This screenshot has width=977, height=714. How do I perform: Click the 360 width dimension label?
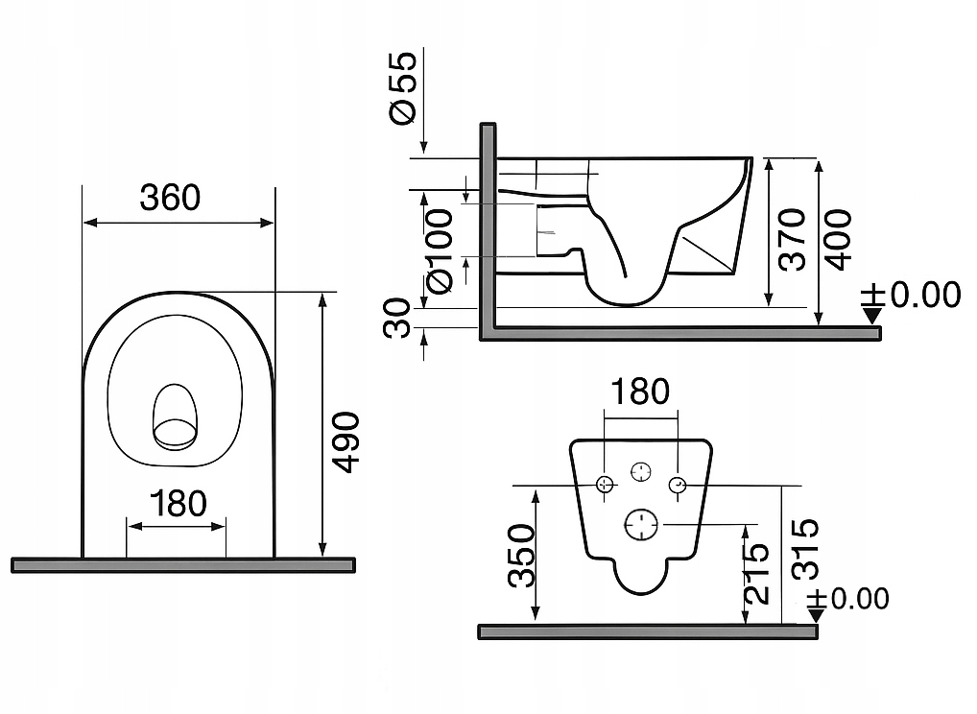pos(170,198)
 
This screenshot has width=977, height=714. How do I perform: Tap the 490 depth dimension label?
pos(346,441)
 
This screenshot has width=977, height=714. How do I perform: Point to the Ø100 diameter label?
pos(437,252)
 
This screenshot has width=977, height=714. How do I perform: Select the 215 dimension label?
pos(757,573)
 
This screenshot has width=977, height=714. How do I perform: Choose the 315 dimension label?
pos(804,549)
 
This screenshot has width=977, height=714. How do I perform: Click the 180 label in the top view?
pos(179,503)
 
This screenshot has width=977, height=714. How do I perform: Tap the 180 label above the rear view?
pos(640,392)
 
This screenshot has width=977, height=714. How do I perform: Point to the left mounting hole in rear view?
pos(605,484)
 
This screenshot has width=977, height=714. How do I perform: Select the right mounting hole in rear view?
pos(678,484)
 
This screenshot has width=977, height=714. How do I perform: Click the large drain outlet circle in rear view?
pos(641,524)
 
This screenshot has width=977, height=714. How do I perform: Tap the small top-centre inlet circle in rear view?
pos(641,470)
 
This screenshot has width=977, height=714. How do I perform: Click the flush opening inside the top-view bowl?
pos(175,418)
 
